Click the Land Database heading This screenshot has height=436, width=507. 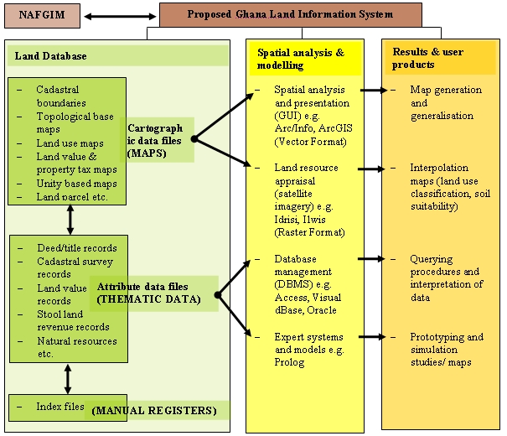pos(50,56)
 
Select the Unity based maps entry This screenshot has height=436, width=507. pos(76,184)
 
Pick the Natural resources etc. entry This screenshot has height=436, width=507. pos(75,347)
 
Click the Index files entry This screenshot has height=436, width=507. pos(60,407)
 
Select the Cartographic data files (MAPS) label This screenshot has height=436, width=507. pos(159,140)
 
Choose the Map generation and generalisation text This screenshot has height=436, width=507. pos(446,103)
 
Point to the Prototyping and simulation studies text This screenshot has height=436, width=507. pos(446,350)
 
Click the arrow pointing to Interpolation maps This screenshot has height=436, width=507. pos(372,169)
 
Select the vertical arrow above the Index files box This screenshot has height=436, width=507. pos(70,379)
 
